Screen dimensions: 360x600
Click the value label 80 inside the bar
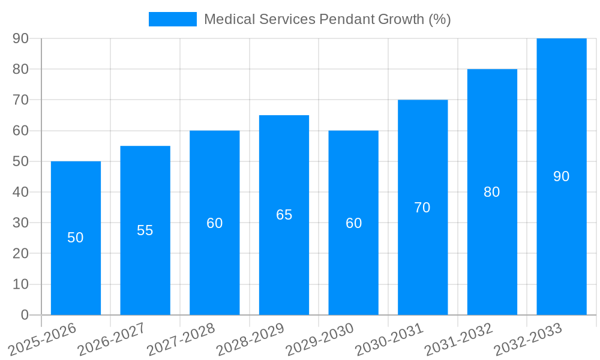[491, 192]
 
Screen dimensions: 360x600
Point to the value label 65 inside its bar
[284, 215]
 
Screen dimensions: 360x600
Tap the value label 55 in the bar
[145, 230]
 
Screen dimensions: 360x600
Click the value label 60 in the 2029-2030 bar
[353, 223]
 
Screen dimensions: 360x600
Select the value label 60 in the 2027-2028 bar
[215, 223]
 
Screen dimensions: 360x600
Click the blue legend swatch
[173, 19]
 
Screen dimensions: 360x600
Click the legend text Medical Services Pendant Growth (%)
[327, 19]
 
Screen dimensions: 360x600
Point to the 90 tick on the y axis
[20, 38]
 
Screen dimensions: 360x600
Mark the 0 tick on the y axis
[25, 315]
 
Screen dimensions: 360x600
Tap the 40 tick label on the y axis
[20, 192]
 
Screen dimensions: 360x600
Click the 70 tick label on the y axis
[20, 100]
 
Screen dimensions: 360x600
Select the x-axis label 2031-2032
[460, 339]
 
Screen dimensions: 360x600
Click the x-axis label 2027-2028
[182, 339]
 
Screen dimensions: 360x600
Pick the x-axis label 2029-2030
[320, 339]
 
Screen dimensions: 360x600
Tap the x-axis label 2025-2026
[43, 339]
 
